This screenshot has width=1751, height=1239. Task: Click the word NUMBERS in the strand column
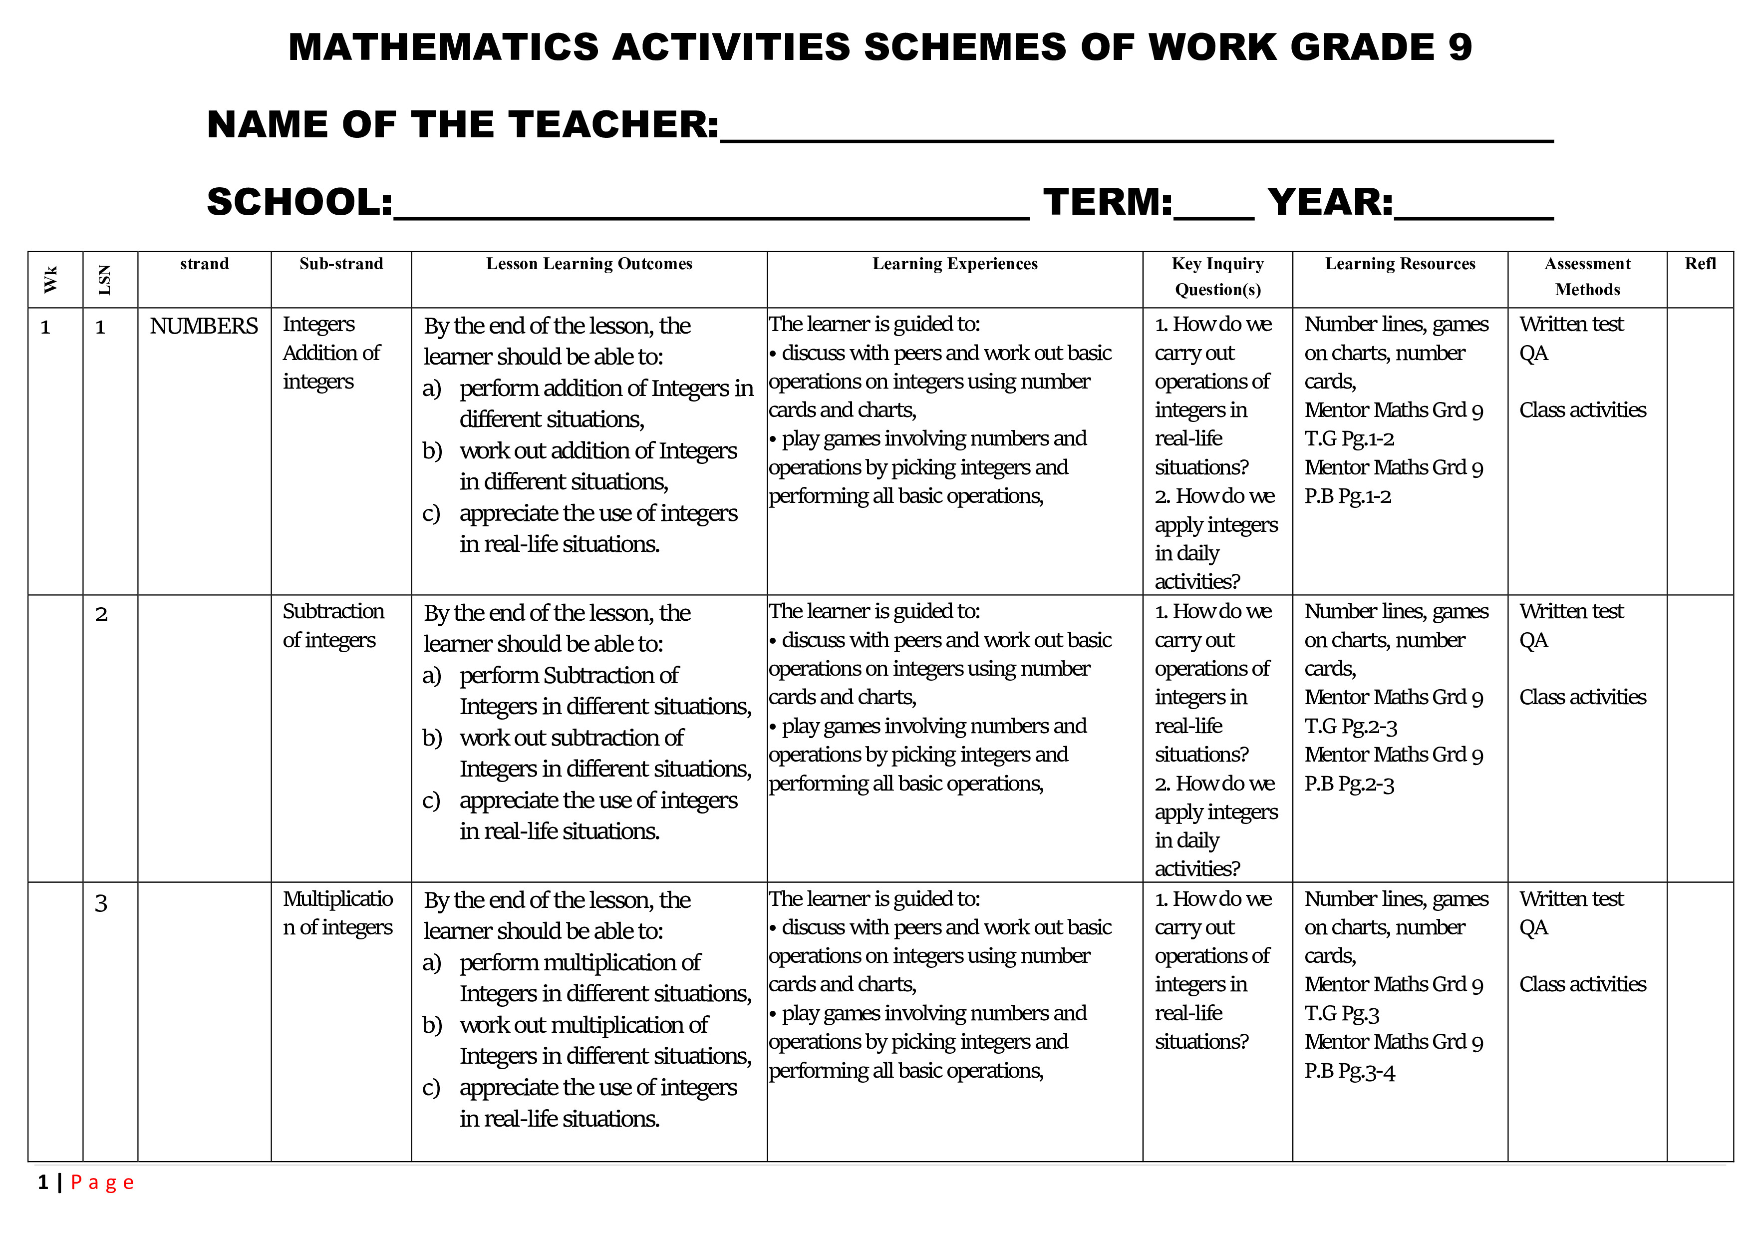[204, 327]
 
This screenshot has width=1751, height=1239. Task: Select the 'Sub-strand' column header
[341, 264]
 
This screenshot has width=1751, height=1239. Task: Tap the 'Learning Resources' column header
[1400, 264]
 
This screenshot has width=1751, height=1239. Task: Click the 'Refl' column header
[1700, 264]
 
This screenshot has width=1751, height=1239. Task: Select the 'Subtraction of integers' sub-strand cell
[333, 626]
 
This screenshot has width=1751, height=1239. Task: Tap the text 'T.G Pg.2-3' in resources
[1350, 726]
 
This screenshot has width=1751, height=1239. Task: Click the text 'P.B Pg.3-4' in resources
[1349, 1071]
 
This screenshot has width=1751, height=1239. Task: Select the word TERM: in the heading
[1107, 202]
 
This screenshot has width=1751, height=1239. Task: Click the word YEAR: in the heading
[1330, 202]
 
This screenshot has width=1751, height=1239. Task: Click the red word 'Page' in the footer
[102, 1183]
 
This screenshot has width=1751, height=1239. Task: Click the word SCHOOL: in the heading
[299, 202]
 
